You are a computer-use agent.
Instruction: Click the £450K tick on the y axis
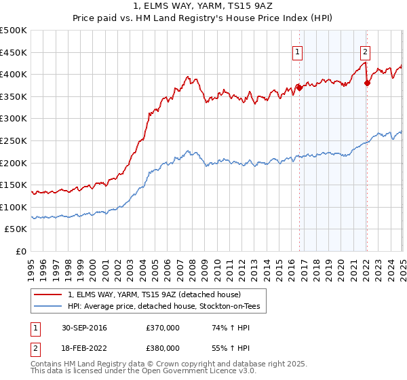[x=14, y=52]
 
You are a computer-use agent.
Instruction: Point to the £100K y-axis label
[x=14, y=207]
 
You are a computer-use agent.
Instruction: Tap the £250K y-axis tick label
[x=14, y=140]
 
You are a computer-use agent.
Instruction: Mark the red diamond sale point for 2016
[x=299, y=88]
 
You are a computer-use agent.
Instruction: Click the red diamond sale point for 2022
[x=366, y=83]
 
